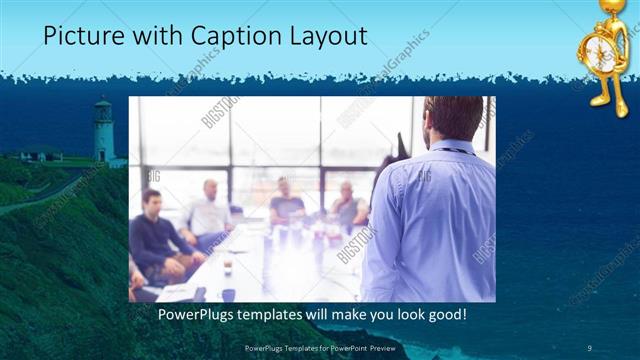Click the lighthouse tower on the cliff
[x=103, y=135]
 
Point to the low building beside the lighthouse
[x=42, y=153]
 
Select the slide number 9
[x=589, y=347]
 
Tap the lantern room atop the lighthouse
[x=103, y=108]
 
